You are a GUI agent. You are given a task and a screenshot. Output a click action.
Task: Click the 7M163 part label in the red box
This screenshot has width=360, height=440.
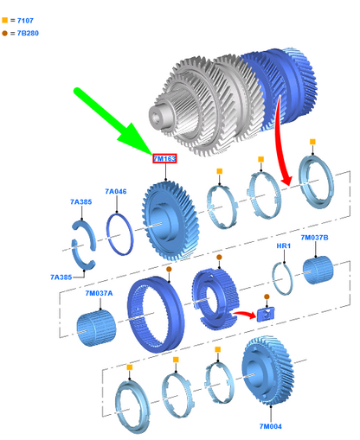tap(164, 158)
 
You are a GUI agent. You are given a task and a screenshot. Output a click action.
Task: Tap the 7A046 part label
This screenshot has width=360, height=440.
tap(116, 191)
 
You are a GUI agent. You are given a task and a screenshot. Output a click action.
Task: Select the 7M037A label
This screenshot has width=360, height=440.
tap(99, 293)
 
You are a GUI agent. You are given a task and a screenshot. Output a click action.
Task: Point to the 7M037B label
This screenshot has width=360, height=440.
tap(314, 238)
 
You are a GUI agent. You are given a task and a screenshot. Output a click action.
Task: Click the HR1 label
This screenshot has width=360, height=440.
tap(284, 246)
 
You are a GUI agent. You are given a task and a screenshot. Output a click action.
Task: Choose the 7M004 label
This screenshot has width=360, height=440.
tap(270, 426)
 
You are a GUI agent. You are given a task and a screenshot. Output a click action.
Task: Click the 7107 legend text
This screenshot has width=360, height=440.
tap(25, 21)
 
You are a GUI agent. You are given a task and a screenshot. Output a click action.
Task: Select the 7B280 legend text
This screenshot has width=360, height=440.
tap(28, 33)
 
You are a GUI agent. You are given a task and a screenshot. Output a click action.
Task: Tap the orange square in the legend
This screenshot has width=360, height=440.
tap(5, 20)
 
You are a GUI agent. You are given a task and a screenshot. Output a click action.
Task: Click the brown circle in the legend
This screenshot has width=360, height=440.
tap(5, 33)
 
